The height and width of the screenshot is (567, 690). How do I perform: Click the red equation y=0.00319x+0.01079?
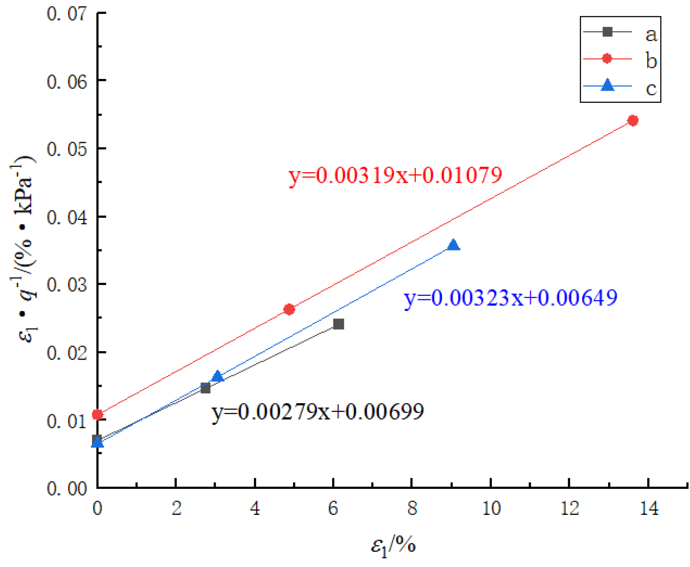pos(395,175)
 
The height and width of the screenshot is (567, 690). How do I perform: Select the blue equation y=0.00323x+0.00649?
pos(510,298)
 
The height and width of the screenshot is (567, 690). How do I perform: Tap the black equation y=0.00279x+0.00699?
pos(317,411)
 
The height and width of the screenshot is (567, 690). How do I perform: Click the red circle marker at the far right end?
pos(632,120)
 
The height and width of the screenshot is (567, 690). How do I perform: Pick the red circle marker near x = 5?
pos(289,309)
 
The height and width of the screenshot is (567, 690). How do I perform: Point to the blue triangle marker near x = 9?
pos(453,245)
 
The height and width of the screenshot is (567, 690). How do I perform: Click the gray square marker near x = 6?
pos(338,324)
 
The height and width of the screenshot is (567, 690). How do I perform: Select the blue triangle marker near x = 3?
pos(218,376)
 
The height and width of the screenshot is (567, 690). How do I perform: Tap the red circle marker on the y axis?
pos(98,414)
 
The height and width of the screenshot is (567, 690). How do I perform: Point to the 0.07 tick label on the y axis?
pos(67,13)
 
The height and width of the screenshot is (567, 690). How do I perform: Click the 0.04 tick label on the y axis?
pos(67,217)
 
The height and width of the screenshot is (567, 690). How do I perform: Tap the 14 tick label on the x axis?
pos(648,509)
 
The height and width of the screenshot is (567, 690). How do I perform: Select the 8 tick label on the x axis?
pos(412,509)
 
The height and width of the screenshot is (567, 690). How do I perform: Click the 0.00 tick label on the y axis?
pos(67,488)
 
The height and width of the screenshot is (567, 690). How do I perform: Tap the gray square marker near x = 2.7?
pos(205,388)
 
